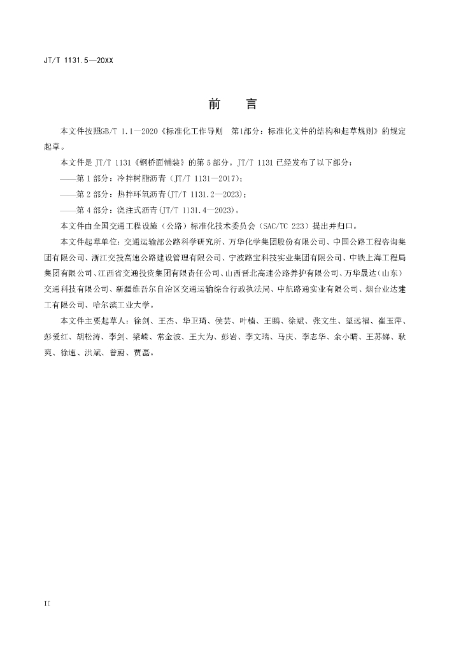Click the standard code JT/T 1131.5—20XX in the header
[x=78, y=61]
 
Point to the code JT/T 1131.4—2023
[x=201, y=210]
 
